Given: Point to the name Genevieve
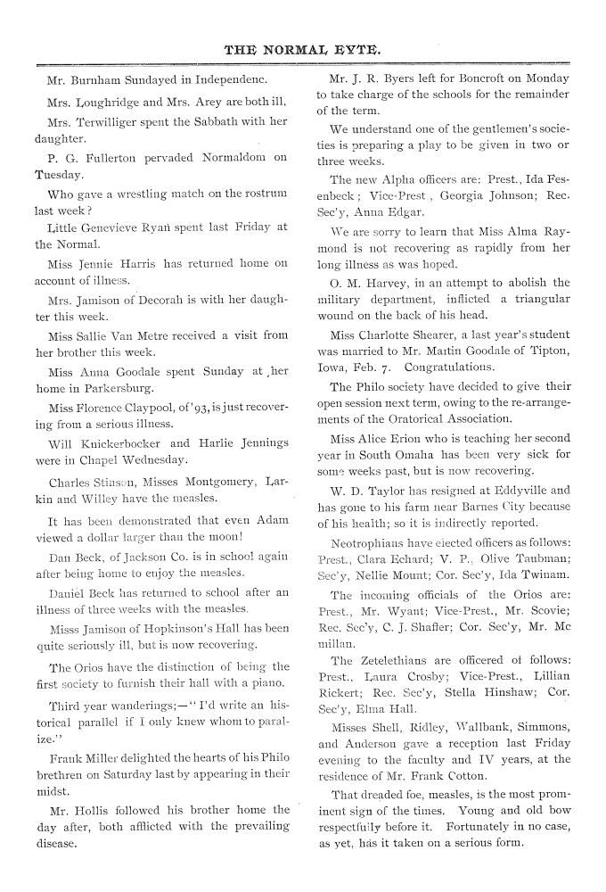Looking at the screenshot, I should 111,227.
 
